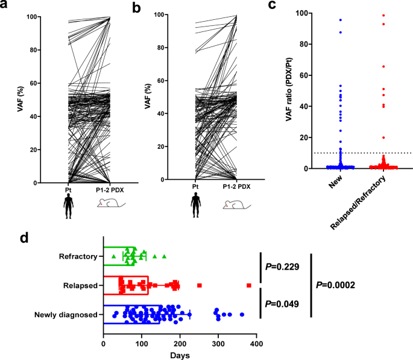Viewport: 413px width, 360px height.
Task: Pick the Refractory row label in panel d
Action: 78,257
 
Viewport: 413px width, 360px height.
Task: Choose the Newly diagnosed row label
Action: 66,314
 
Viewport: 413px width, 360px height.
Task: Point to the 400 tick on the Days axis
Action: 257,344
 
